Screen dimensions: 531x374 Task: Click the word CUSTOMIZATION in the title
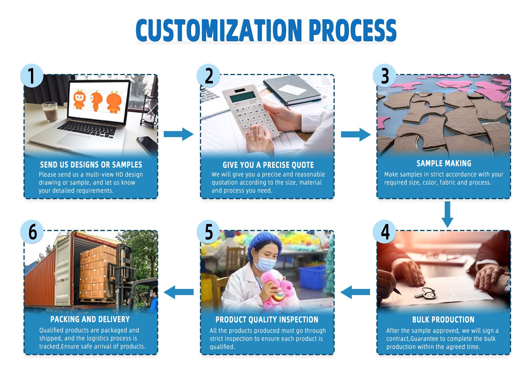[x=218, y=30]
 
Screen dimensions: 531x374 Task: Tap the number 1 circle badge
[x=32, y=76]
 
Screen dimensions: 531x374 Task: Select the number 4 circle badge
[x=385, y=232]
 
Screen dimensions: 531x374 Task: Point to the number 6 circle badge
[x=32, y=232]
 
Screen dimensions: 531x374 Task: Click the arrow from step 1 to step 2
[x=178, y=134]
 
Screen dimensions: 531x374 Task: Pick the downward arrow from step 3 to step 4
[x=447, y=214]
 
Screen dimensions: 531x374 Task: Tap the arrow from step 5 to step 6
[x=178, y=292]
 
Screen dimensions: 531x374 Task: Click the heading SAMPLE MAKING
[x=444, y=163]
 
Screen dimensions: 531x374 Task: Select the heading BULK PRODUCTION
[x=443, y=319]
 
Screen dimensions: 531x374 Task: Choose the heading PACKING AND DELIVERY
[x=90, y=319]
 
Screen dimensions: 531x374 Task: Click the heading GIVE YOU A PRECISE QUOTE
[x=268, y=165]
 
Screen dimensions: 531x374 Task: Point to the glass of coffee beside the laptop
[x=50, y=111]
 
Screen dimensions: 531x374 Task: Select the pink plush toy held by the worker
[x=277, y=291]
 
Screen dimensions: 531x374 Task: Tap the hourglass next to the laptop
[x=149, y=111]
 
